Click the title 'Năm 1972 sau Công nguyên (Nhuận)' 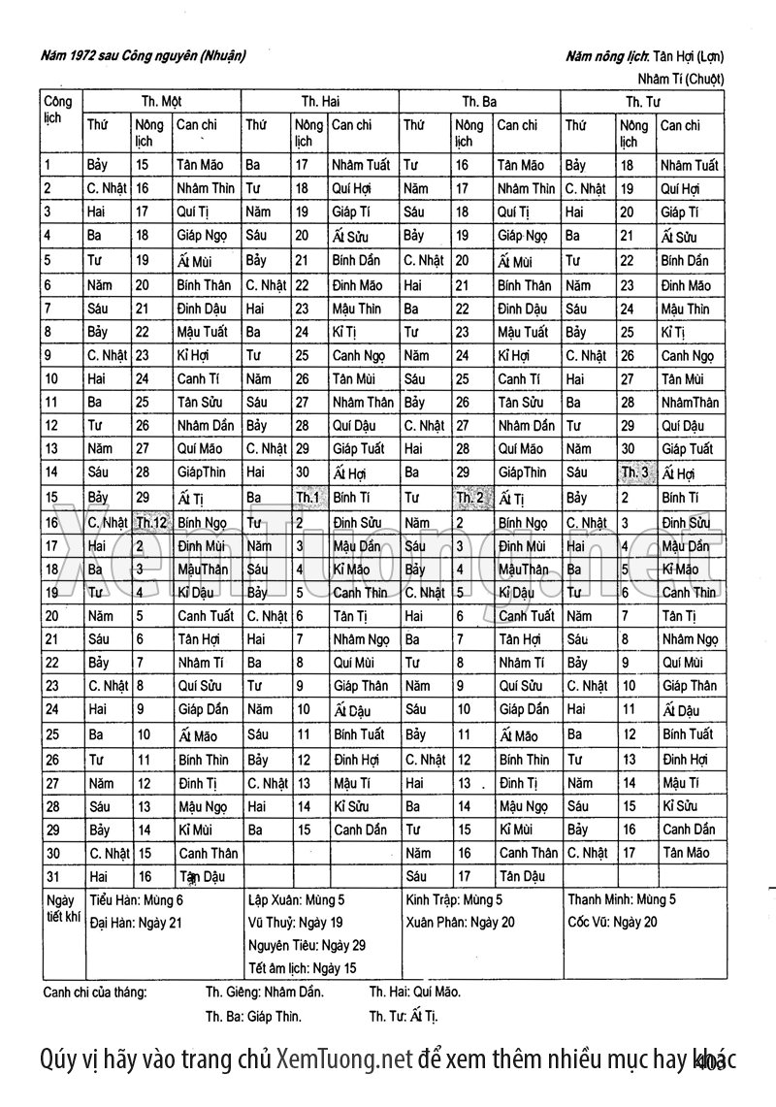pyautogui.click(x=143, y=56)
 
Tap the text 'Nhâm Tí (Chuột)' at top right pyautogui.click(x=681, y=79)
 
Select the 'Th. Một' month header pyautogui.click(x=162, y=101)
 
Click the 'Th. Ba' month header pyautogui.click(x=479, y=101)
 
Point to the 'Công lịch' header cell pyautogui.click(x=58, y=109)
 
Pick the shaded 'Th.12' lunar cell pyautogui.click(x=152, y=522)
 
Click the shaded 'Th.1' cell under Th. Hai pyautogui.click(x=308, y=498)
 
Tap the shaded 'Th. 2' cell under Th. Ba pyautogui.click(x=470, y=498)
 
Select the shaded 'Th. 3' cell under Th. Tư pyautogui.click(x=636, y=473)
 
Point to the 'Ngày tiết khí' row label pyautogui.click(x=61, y=908)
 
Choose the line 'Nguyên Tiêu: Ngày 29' pyautogui.click(x=307, y=945)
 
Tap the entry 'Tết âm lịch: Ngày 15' pyautogui.click(x=303, y=968)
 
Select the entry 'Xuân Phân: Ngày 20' pyautogui.click(x=461, y=923)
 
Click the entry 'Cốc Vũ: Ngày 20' pyautogui.click(x=612, y=923)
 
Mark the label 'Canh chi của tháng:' pyautogui.click(x=95, y=993)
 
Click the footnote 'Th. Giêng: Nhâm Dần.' pyautogui.click(x=265, y=993)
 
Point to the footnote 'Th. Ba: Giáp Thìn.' pyautogui.click(x=253, y=1017)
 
